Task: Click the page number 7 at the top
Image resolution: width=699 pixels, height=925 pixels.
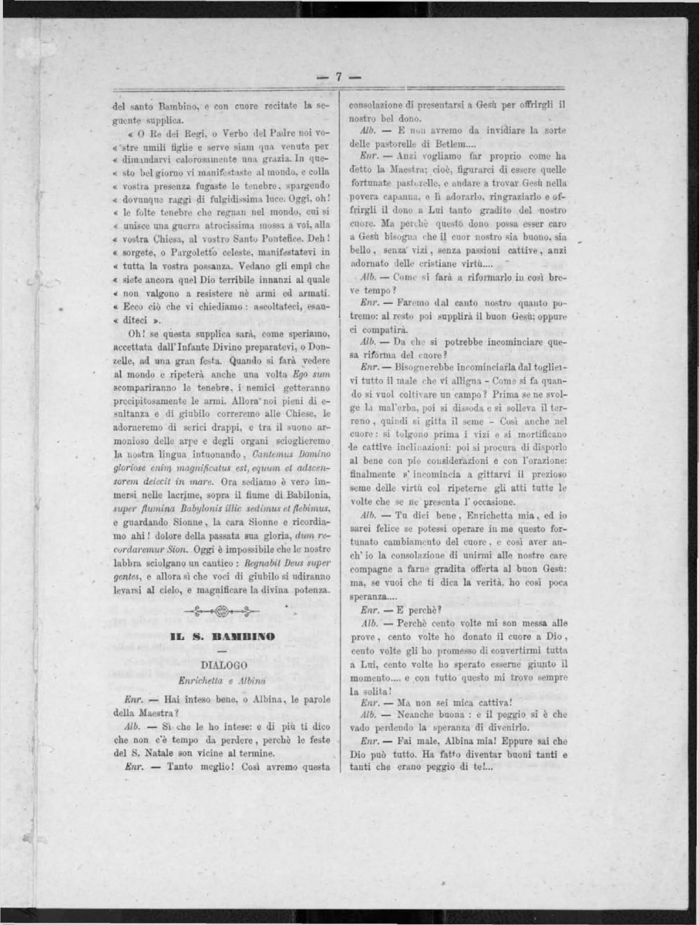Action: coord(338,78)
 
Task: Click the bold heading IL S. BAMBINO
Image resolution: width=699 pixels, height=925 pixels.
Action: coord(223,636)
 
